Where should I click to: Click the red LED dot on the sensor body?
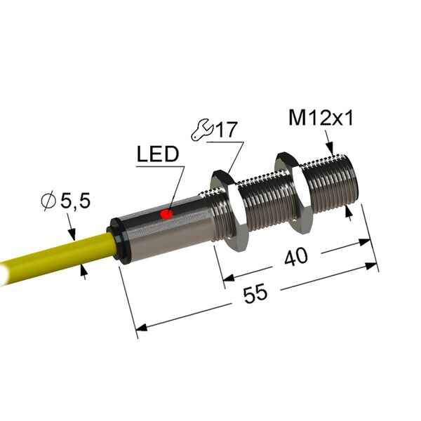(166, 214)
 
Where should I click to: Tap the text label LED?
(158, 154)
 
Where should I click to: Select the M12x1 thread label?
(321, 118)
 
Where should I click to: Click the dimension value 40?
(296, 257)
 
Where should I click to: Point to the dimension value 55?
(255, 293)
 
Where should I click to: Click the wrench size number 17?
(227, 129)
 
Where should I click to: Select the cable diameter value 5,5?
(75, 201)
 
